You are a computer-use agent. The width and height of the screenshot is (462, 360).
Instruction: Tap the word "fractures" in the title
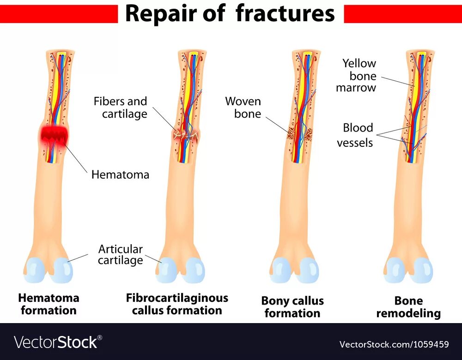285,13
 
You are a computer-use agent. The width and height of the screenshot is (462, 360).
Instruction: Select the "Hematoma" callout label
120,174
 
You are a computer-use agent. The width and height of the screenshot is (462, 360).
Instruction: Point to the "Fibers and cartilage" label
120,108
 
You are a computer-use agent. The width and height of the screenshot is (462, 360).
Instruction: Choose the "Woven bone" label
243,108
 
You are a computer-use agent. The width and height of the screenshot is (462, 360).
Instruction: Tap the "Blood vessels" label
355,135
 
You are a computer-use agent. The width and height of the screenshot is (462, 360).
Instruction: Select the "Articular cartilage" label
121,255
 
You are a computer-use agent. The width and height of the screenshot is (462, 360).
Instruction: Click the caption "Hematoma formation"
49,304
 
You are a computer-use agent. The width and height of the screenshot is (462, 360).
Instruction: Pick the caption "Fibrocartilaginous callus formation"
177,304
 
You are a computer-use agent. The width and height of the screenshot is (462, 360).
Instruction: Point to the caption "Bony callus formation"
292,307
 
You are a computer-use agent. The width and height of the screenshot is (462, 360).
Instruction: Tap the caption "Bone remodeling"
408,307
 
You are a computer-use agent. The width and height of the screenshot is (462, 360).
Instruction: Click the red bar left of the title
59,14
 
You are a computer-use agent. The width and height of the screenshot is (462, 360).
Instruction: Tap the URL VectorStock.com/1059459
394,344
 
